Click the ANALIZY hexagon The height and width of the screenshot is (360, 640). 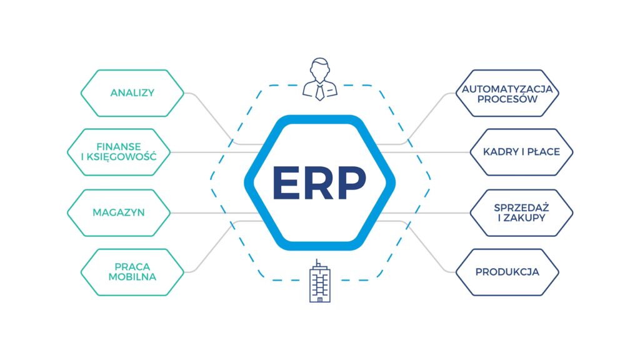[x=132, y=93]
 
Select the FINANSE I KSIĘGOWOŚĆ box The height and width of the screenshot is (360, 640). [x=119, y=152]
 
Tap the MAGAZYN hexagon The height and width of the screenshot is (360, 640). [x=119, y=212]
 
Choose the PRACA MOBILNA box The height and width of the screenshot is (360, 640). [x=132, y=272]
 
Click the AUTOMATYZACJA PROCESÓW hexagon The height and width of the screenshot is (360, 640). [x=507, y=93]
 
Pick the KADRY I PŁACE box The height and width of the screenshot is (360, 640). [x=522, y=152]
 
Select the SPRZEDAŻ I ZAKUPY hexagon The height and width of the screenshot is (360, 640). [x=522, y=212]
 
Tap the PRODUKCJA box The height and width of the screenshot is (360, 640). [x=507, y=272]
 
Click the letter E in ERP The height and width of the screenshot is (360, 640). [x=286, y=182]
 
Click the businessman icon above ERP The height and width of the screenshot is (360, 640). [x=320, y=79]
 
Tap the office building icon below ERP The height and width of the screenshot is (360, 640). [x=320, y=281]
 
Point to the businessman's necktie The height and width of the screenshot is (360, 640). [x=320, y=92]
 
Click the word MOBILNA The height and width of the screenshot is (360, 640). [x=132, y=277]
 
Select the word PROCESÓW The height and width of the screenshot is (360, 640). [x=507, y=99]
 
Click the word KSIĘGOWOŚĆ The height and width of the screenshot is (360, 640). [x=121, y=157]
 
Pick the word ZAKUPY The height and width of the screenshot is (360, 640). [x=524, y=218]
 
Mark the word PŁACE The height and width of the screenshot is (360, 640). [x=543, y=152]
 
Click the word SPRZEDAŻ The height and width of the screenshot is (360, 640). [x=522, y=207]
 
